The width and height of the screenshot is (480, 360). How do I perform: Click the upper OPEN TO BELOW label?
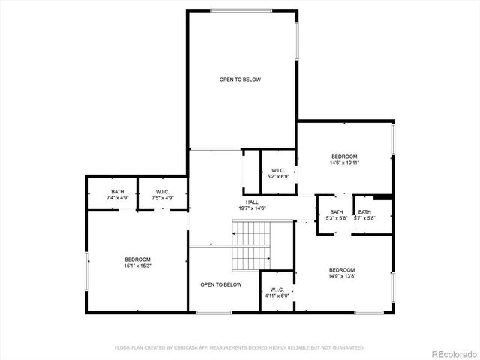pos(239,79)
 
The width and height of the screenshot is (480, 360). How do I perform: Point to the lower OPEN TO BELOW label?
pos(220,284)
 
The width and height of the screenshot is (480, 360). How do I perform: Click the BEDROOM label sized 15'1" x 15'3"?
pos(137,259)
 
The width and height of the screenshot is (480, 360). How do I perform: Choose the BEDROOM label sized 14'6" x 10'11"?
pos(345,156)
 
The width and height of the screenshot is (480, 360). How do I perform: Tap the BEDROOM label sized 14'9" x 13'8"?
pos(342,269)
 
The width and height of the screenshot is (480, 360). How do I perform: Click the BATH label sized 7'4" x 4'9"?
pos(118,192)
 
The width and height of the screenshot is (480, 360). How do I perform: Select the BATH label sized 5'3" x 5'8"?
pos(336,212)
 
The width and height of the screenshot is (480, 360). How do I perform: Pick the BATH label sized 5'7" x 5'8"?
pos(364,212)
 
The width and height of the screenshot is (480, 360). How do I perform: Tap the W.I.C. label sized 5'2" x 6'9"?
pos(277,171)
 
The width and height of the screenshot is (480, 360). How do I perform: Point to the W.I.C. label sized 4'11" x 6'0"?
pos(277,289)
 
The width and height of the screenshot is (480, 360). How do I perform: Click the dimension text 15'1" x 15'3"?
pos(137,265)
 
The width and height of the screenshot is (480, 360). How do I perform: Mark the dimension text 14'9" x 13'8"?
pos(342,275)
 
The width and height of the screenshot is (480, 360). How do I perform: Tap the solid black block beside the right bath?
pos(383,198)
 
